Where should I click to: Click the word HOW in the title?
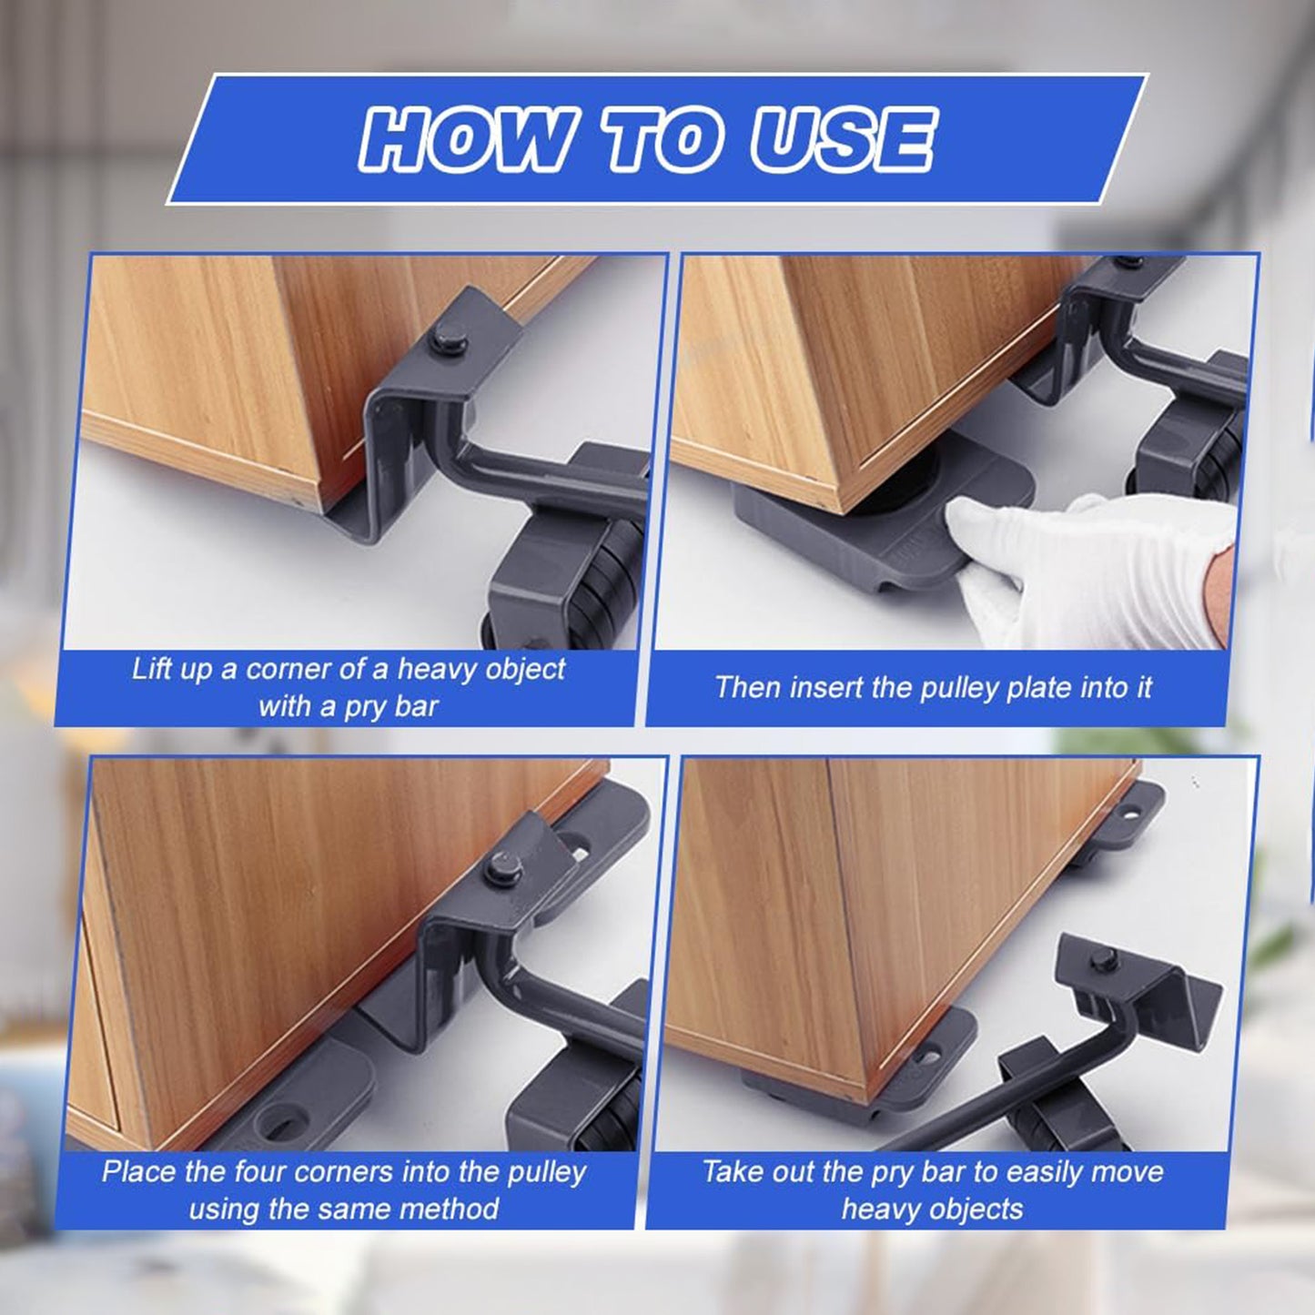(468, 139)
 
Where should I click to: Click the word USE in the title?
(841, 139)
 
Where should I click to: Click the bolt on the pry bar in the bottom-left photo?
(500, 868)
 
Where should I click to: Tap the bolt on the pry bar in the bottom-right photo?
(1103, 958)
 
